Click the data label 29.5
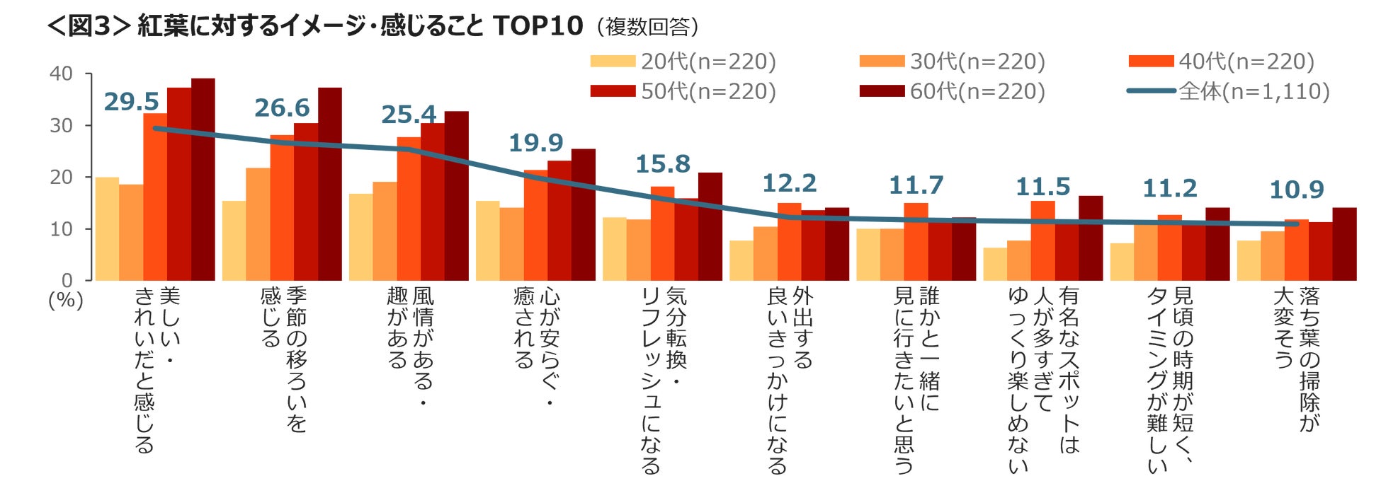click(132, 102)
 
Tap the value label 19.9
click(536, 143)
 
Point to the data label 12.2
click(789, 184)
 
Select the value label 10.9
click(1296, 190)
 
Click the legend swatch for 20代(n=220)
click(613, 62)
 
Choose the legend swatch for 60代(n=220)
click(882, 91)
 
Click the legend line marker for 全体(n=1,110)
click(1152, 91)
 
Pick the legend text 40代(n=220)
click(1246, 62)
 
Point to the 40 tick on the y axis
click(61, 74)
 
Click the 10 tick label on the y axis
click(61, 229)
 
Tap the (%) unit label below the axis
click(65, 301)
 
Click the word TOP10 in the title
click(538, 26)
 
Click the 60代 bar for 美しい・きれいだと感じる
click(203, 180)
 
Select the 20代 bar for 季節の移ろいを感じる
click(234, 240)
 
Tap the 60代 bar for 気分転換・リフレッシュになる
click(710, 226)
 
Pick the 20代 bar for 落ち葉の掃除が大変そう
click(1249, 260)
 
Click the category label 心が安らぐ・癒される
click(537, 340)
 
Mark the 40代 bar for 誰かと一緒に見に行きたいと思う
click(916, 242)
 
